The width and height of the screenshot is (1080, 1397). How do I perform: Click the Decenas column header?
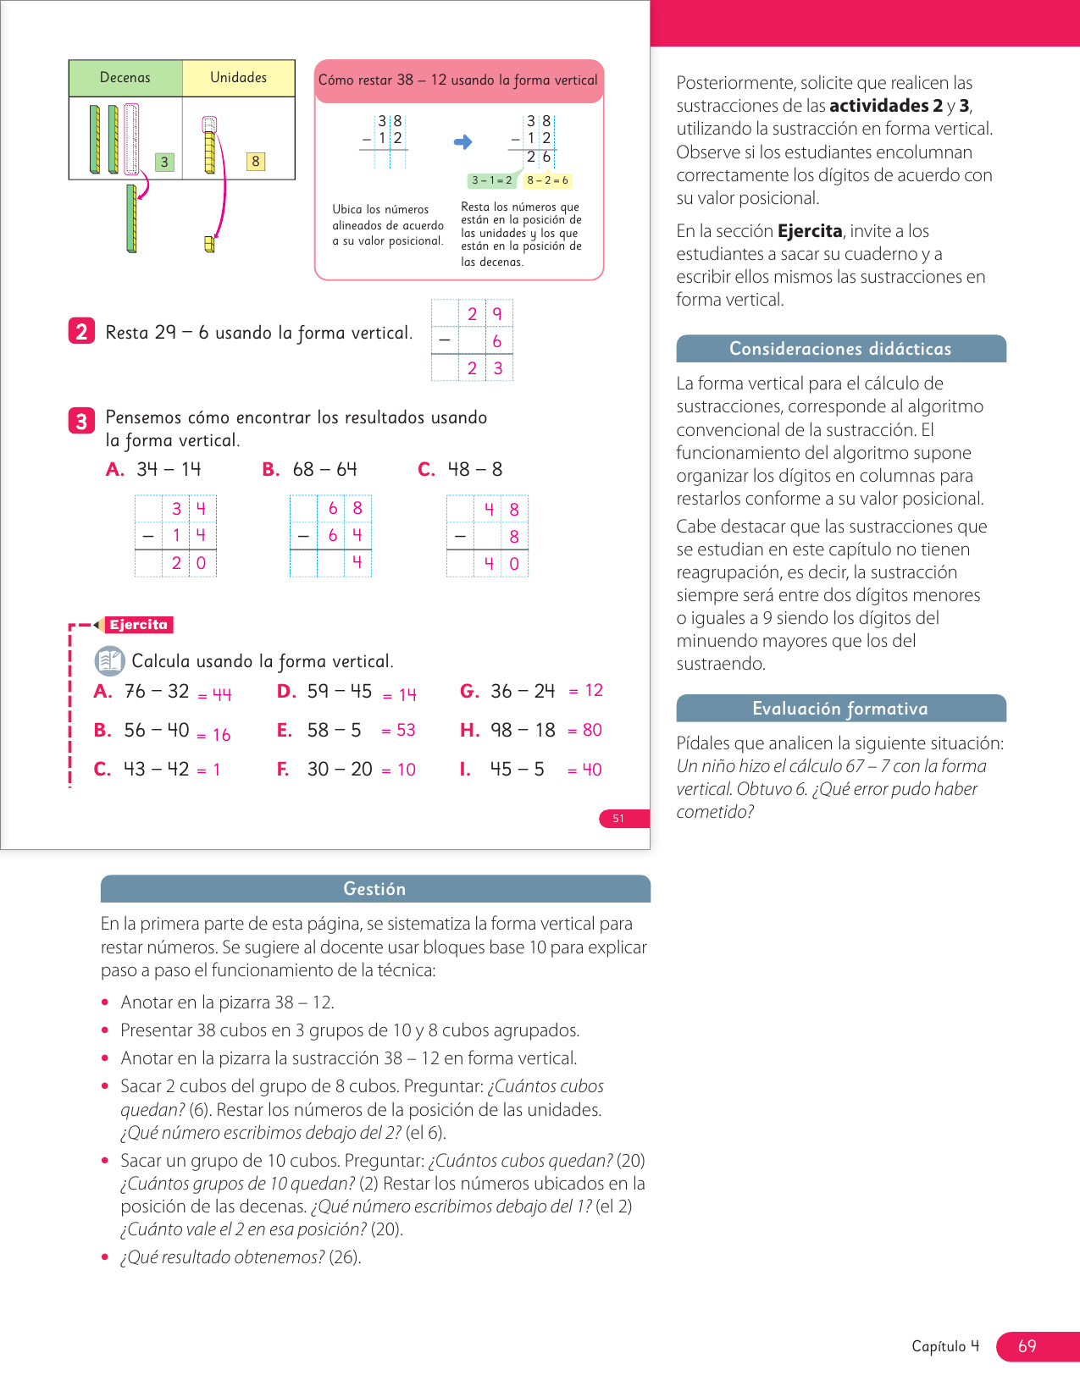pos(125,78)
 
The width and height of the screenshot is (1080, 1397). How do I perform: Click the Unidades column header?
pos(238,78)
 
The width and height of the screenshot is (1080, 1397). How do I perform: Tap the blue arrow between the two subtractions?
pos(462,142)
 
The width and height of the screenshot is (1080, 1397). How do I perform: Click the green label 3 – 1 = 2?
pos(491,180)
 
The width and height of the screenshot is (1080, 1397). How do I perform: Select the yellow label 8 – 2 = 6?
pos(548,180)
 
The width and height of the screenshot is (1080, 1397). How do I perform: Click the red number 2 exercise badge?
pos(81,331)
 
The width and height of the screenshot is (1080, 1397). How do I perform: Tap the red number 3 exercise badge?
pos(81,421)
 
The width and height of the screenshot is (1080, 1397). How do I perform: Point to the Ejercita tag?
pos(138,625)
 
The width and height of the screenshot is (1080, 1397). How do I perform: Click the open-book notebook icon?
pos(109,660)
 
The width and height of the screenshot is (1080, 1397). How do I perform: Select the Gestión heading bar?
pos(374,889)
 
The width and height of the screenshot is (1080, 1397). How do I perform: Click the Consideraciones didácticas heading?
pos(840,349)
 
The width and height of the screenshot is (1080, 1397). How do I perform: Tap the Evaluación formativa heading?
pos(840,709)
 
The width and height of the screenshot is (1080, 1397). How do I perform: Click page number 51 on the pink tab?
pos(619,819)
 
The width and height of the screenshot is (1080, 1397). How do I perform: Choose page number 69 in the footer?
pos(1027,1346)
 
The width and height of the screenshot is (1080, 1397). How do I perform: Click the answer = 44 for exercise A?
pos(215,695)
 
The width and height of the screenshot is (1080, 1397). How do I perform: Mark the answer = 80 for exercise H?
pos(585,730)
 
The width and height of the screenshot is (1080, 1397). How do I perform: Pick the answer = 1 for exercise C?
pos(209,770)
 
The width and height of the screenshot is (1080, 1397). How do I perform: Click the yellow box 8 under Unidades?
pos(255,162)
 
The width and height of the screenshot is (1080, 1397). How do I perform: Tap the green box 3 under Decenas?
pos(164,162)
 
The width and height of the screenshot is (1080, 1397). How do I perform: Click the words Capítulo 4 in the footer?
pos(945,1346)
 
